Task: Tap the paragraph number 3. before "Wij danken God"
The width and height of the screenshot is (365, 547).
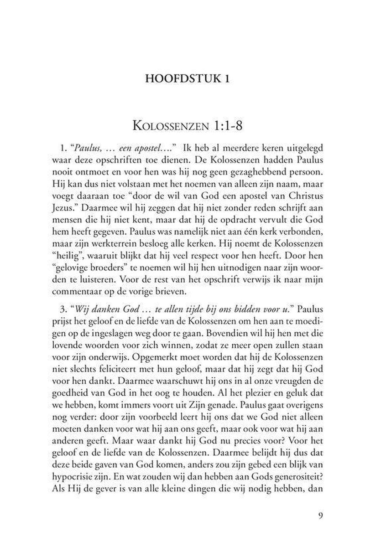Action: (57, 305)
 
